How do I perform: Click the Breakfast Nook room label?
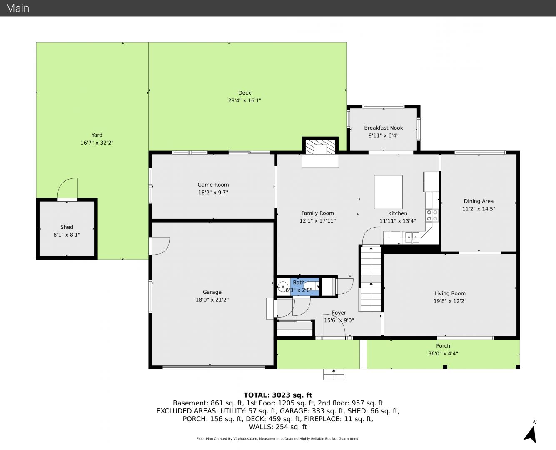pyautogui.click(x=384, y=128)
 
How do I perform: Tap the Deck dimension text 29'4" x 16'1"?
pyautogui.click(x=244, y=100)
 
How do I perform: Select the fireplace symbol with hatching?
pyautogui.click(x=320, y=147)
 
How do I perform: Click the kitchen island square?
pyautogui.click(x=388, y=192)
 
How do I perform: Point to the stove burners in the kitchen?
pyautogui.click(x=432, y=215)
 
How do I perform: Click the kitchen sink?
pyautogui.click(x=412, y=237)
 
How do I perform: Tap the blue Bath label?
pyautogui.click(x=299, y=282)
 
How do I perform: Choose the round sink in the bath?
pyautogui.click(x=282, y=287)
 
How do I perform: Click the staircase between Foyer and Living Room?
pyautogui.click(x=371, y=278)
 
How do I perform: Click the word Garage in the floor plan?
pyautogui.click(x=212, y=292)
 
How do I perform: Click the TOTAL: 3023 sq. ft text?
pyautogui.click(x=278, y=395)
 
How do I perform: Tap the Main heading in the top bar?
pyautogui.click(x=17, y=8)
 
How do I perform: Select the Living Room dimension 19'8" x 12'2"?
pyautogui.click(x=450, y=301)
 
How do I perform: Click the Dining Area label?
pyautogui.click(x=479, y=201)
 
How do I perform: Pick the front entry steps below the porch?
pyautogui.click(x=334, y=374)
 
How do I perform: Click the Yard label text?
pyautogui.click(x=97, y=135)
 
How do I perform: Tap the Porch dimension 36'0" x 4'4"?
pyautogui.click(x=443, y=354)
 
